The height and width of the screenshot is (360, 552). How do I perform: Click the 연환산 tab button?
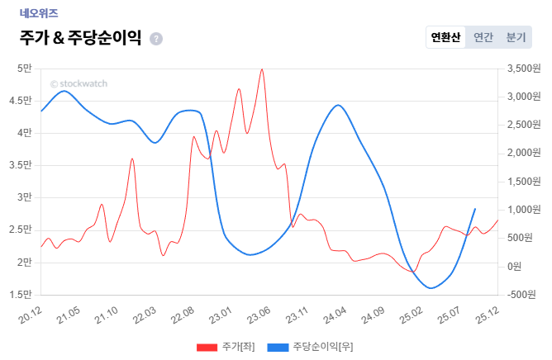click(445, 37)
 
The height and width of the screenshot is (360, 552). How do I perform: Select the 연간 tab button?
click(483, 37)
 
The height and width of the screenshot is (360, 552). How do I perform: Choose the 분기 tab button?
click(516, 37)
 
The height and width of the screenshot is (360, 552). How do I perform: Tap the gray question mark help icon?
click(156, 39)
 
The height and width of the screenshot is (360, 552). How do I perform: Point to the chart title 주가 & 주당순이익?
click(80, 38)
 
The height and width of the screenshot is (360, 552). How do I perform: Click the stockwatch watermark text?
click(79, 83)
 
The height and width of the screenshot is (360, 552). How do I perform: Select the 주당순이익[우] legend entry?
click(310, 347)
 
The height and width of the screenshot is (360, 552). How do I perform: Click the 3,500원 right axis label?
click(521, 68)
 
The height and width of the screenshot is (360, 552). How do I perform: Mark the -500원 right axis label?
click(521, 294)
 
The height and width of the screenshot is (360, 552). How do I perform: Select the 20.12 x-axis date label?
click(30, 315)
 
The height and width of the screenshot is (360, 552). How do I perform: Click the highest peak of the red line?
click(262, 69)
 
